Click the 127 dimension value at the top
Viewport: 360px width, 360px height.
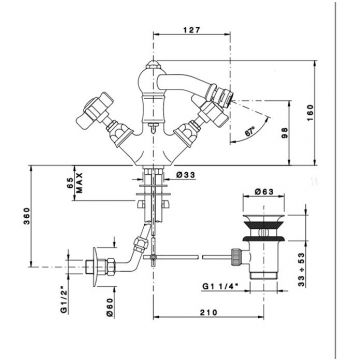click(192, 30)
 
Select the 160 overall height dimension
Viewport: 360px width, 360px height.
click(310, 113)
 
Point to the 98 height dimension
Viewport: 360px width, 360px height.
click(285, 133)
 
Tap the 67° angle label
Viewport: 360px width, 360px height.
click(250, 131)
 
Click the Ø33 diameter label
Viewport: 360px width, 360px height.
click(186, 175)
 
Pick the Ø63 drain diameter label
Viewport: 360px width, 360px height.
click(264, 192)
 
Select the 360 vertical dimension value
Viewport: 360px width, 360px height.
click(26, 216)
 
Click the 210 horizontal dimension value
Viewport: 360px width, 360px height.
click(208, 312)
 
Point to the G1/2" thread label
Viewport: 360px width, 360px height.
click(63, 300)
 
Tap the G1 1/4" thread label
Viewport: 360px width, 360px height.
click(219, 286)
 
